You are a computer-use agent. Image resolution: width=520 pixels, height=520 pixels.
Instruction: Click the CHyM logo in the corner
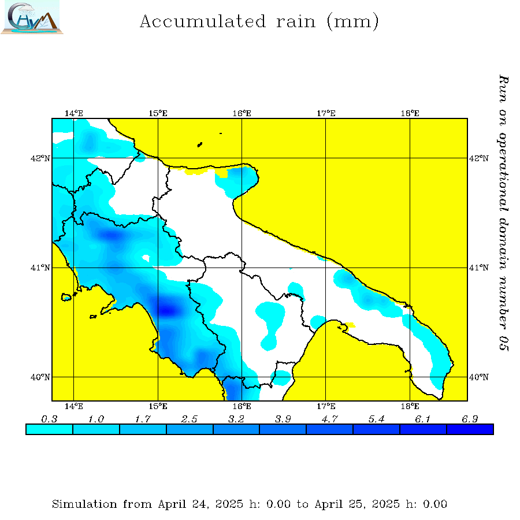tap(31, 17)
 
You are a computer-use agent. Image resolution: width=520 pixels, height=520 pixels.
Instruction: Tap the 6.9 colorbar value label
tap(470, 419)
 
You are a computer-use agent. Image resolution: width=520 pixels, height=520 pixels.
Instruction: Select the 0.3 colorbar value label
tap(50, 419)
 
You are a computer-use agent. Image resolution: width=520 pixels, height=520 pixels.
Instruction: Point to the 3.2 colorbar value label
tap(236, 419)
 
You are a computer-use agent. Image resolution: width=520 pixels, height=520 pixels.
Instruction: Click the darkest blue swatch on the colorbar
tap(470, 429)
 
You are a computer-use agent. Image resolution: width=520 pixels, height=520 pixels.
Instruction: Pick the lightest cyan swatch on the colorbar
tap(50, 429)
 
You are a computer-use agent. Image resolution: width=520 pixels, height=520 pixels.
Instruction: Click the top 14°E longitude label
tap(74, 113)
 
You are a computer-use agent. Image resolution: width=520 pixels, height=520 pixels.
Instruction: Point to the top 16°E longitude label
tap(242, 113)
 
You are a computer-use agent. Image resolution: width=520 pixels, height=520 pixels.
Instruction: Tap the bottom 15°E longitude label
tap(158, 406)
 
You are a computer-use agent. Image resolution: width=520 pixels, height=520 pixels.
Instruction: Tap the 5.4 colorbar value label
tap(377, 419)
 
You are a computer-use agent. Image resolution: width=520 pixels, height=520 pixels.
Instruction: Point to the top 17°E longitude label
tap(326, 113)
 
